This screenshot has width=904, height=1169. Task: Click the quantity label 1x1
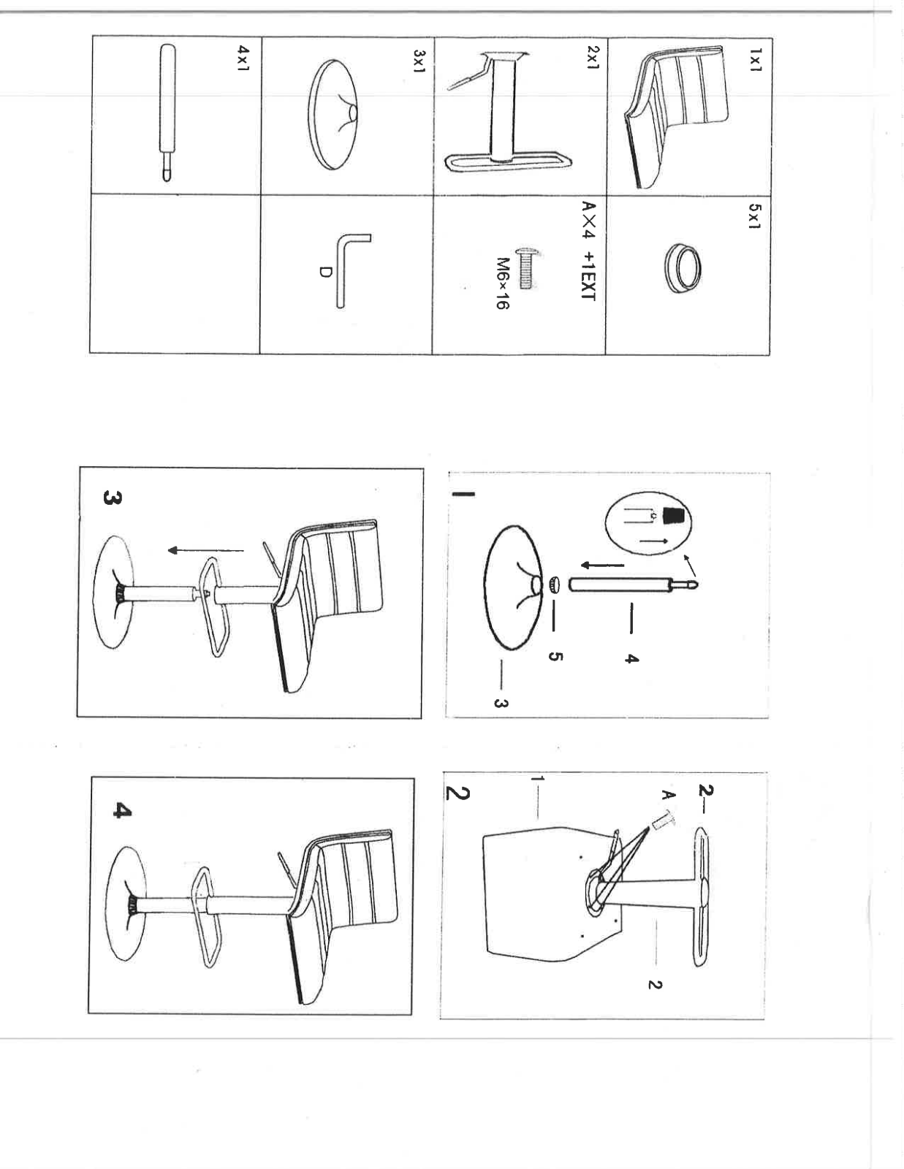coord(756,59)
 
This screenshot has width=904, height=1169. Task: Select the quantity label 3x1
coord(419,61)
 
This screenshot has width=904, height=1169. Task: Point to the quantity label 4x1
coord(243,58)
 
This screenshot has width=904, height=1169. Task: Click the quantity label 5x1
coord(754,216)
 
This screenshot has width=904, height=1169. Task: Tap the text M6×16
coord(502,283)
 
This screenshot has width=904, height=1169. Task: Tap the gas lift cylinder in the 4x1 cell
coord(167,113)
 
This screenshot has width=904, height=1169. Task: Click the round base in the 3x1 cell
coord(334,115)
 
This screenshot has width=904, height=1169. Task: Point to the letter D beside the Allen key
coord(325,273)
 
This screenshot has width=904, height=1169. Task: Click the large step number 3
coord(113,498)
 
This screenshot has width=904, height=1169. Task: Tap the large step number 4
coord(122,810)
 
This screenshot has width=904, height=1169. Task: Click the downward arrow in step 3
coord(205,550)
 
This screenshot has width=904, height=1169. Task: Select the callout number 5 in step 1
coord(555,657)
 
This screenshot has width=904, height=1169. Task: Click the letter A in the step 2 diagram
coord(668,795)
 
